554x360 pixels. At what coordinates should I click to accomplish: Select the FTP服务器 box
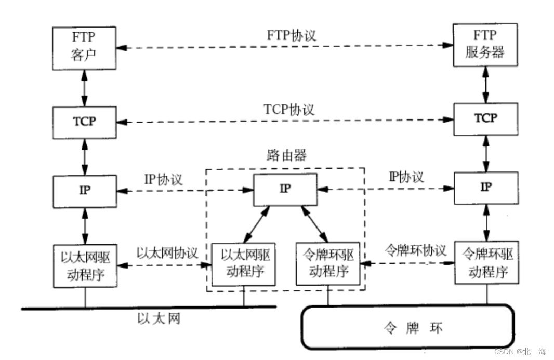point(485,45)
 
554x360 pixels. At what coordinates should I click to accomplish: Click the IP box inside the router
point(285,189)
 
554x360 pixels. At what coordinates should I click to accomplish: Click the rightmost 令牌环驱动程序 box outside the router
point(487,262)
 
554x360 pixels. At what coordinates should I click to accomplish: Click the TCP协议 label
point(289,110)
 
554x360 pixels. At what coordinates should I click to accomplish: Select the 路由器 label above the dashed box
point(285,155)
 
